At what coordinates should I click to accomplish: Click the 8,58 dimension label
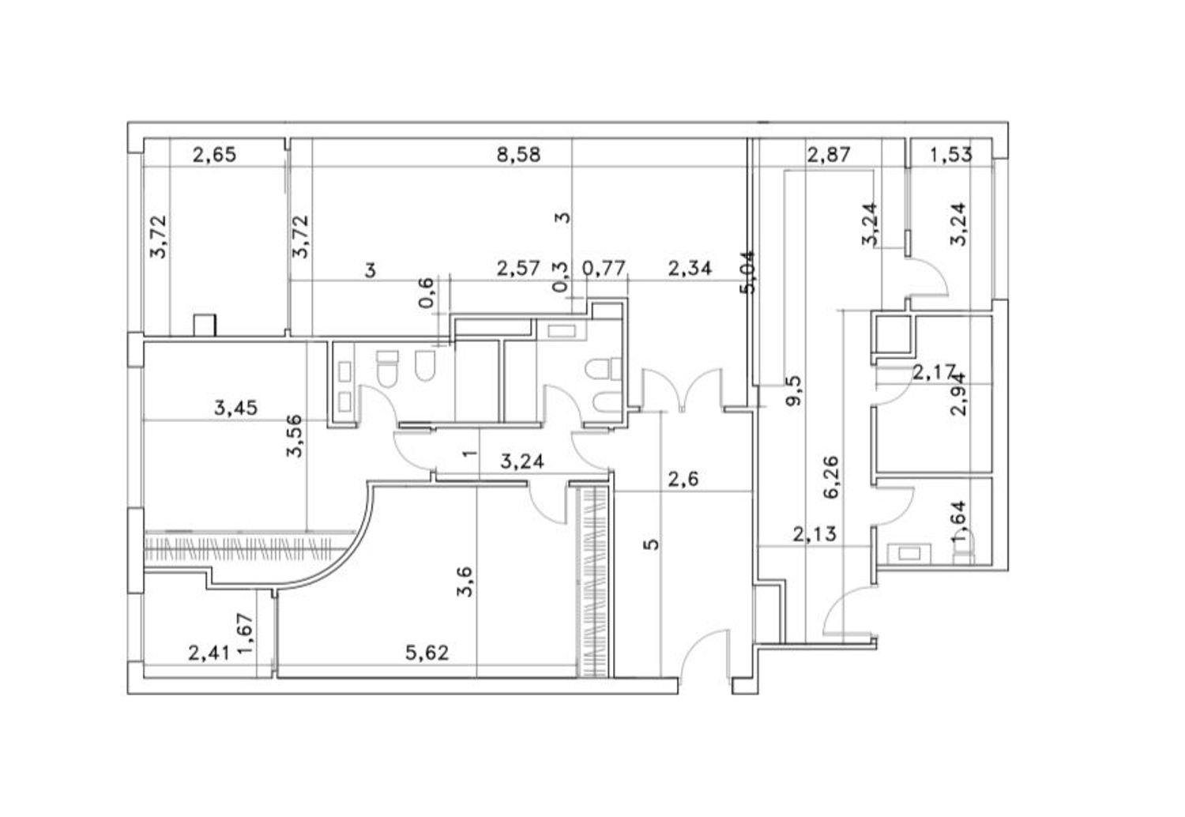(518, 155)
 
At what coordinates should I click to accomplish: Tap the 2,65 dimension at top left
(214, 155)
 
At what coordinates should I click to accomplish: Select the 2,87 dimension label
(829, 155)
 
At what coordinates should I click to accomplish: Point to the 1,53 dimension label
(950, 155)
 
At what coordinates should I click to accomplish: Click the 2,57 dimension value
(518, 269)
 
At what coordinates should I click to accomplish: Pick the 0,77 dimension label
(604, 269)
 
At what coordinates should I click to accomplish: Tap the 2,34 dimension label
(690, 269)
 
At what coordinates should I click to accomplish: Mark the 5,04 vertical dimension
(748, 272)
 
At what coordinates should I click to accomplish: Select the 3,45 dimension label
(236, 408)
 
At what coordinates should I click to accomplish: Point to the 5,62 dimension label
(427, 653)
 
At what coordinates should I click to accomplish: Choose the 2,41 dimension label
(209, 653)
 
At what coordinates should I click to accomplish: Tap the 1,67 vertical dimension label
(246, 634)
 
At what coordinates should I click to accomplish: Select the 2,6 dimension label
(683, 480)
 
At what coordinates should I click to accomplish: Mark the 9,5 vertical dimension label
(793, 390)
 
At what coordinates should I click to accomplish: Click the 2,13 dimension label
(814, 534)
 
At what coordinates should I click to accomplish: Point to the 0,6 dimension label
(427, 292)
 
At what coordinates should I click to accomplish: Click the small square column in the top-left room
(205, 325)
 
